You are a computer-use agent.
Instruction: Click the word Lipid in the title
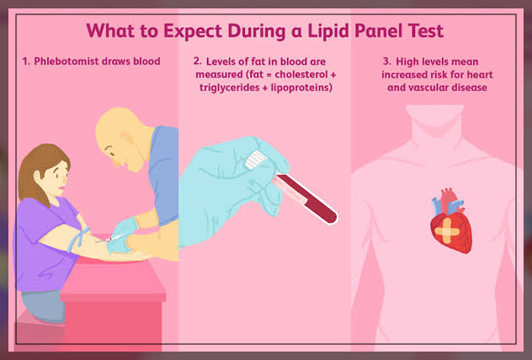pyautogui.click(x=328, y=31)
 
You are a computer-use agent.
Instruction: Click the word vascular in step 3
pyautogui.click(x=431, y=87)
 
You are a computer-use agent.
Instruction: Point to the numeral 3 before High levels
pyautogui.click(x=386, y=61)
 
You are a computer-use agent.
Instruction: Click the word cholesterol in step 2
pyautogui.click(x=301, y=74)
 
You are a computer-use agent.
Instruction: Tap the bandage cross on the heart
pyautogui.click(x=447, y=231)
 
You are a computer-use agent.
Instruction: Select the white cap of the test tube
pyautogui.click(x=257, y=160)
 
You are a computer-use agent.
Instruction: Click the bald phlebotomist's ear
pyautogui.click(x=127, y=139)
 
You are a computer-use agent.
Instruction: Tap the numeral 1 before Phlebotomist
pyautogui.click(x=25, y=61)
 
